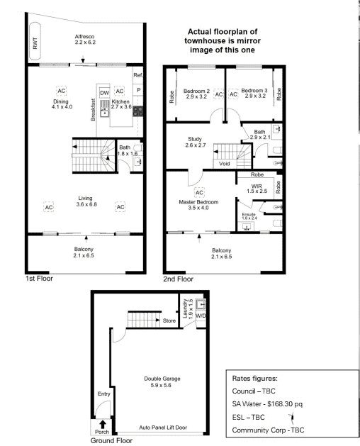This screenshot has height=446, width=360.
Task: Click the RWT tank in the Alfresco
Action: click(x=35, y=43)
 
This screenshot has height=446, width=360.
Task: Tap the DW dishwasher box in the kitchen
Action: click(x=105, y=93)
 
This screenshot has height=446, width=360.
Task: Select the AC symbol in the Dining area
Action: click(x=61, y=91)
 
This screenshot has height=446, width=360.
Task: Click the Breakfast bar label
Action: click(x=93, y=110)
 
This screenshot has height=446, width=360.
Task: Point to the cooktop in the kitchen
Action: click(x=138, y=111)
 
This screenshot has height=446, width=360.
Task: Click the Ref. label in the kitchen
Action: click(x=138, y=75)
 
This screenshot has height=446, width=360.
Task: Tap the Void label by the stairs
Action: click(x=225, y=164)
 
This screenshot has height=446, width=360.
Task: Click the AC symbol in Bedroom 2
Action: click(x=219, y=94)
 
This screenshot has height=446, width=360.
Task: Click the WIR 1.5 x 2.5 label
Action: click(x=257, y=189)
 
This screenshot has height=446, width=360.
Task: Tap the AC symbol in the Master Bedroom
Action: click(x=199, y=193)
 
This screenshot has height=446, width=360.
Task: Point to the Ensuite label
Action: click(x=249, y=214)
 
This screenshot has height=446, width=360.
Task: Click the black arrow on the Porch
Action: click(x=103, y=425)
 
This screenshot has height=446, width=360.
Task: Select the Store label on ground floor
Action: click(x=169, y=320)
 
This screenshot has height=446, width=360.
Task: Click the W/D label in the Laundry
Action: click(x=201, y=316)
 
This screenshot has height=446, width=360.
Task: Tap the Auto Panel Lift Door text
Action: click(x=163, y=428)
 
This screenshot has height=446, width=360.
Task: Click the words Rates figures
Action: click(x=255, y=379)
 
